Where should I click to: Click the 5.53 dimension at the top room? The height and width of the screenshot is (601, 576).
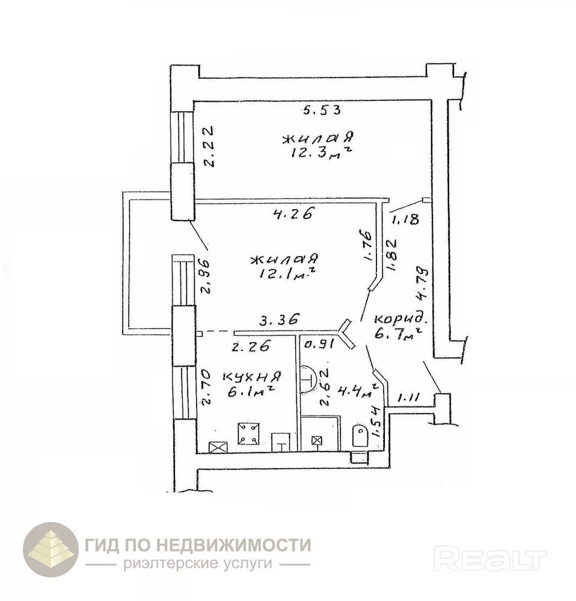[322, 111]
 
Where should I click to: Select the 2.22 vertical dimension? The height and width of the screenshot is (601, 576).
[209, 147]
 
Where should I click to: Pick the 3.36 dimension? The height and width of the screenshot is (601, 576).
[279, 319]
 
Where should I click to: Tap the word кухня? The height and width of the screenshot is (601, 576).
[252, 377]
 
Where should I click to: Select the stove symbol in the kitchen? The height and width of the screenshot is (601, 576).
[248, 433]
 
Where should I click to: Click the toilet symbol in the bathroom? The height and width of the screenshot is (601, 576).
[361, 435]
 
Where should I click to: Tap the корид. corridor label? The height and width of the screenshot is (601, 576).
[400, 319]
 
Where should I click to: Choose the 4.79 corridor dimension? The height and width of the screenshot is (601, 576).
[423, 284]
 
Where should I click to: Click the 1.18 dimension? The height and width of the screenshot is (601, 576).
[405, 219]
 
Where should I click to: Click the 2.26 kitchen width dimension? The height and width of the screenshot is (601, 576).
[251, 346]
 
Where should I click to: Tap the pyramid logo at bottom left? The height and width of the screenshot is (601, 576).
[51, 549]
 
